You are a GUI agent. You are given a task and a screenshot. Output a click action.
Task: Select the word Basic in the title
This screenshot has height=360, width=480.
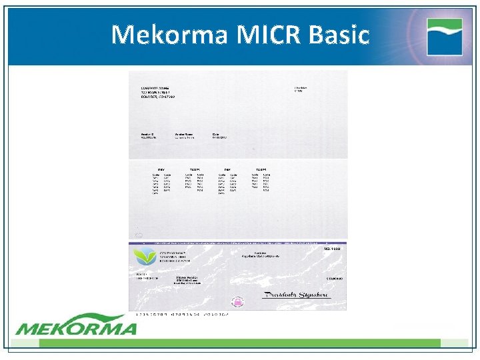(338, 34)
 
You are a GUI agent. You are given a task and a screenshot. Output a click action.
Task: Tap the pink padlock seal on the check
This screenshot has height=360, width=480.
(237, 302)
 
